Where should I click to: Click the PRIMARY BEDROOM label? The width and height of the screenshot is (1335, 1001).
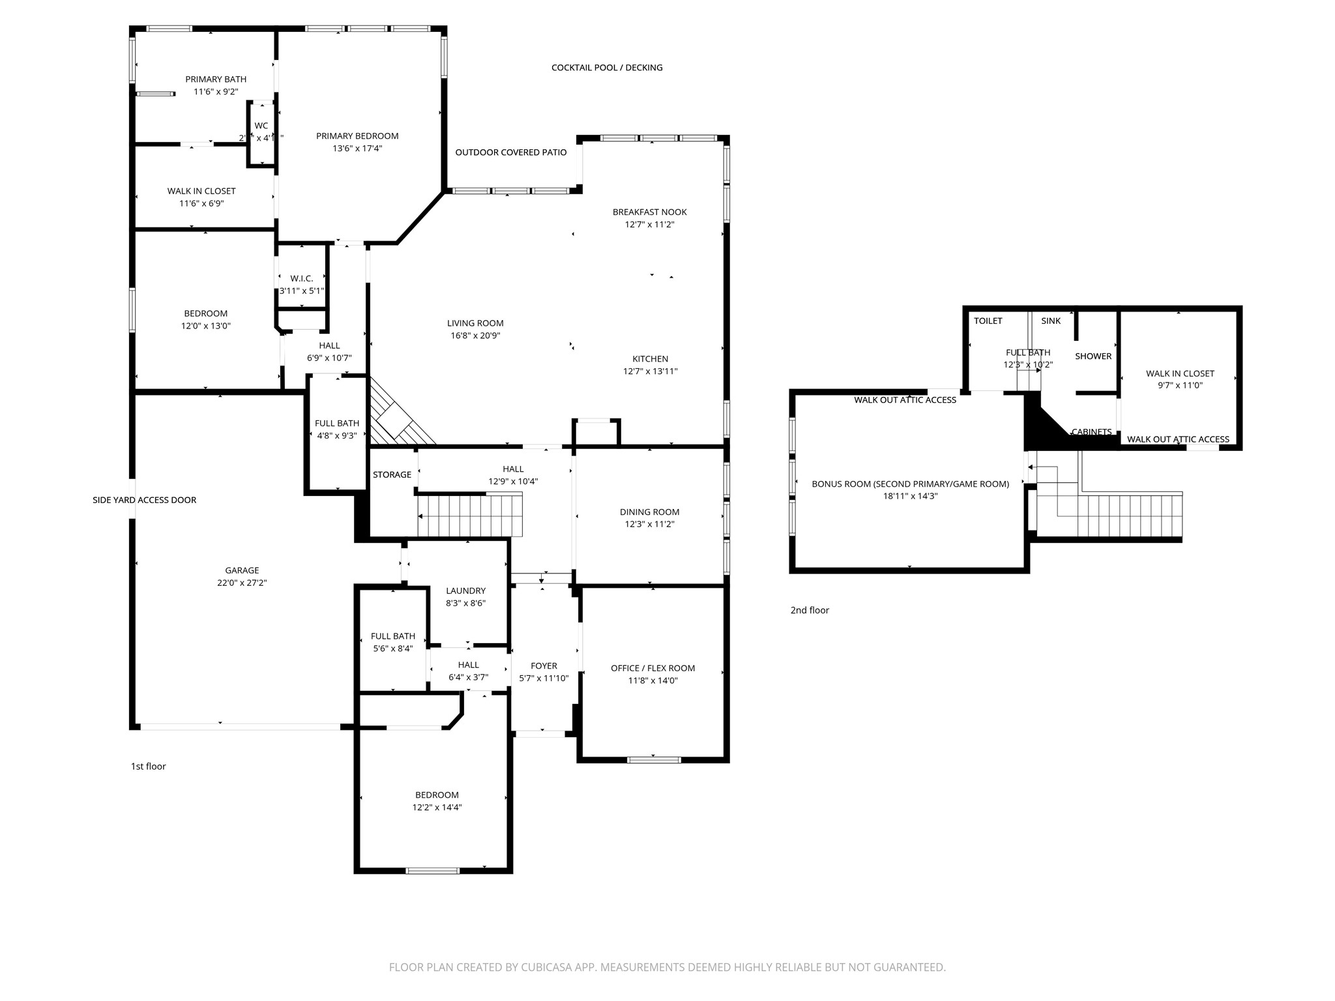click(x=357, y=136)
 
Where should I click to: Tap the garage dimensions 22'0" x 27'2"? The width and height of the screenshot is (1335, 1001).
click(x=242, y=583)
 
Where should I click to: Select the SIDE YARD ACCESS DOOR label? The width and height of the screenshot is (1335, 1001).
click(x=144, y=500)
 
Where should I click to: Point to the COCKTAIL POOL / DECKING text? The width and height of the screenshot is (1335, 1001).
click(x=607, y=68)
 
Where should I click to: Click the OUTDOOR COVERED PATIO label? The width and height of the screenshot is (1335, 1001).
click(x=511, y=152)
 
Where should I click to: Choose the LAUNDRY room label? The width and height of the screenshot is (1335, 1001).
click(x=465, y=591)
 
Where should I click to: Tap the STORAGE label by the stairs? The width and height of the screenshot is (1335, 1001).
click(x=392, y=475)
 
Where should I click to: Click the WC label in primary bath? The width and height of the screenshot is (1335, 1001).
click(x=261, y=126)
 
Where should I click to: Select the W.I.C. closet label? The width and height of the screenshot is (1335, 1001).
click(x=302, y=279)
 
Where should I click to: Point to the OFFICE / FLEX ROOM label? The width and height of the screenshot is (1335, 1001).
click(x=653, y=669)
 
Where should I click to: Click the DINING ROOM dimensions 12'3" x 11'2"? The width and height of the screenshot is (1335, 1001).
click(x=649, y=525)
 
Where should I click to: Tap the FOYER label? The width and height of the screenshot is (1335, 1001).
click(x=544, y=666)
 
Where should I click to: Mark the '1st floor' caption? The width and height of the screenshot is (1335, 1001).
click(x=149, y=766)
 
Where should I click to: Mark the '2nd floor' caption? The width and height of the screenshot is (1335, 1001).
click(x=810, y=611)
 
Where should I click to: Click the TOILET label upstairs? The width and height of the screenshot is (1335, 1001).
click(x=988, y=321)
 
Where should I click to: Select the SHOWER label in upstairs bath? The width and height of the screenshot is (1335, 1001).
click(x=1093, y=356)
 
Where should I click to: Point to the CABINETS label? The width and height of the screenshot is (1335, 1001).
click(x=1092, y=432)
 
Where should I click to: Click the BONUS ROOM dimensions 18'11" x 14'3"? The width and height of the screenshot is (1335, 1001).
click(x=910, y=497)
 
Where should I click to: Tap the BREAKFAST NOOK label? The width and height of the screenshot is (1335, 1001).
click(x=649, y=212)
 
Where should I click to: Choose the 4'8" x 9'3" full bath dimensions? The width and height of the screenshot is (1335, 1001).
click(x=337, y=436)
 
